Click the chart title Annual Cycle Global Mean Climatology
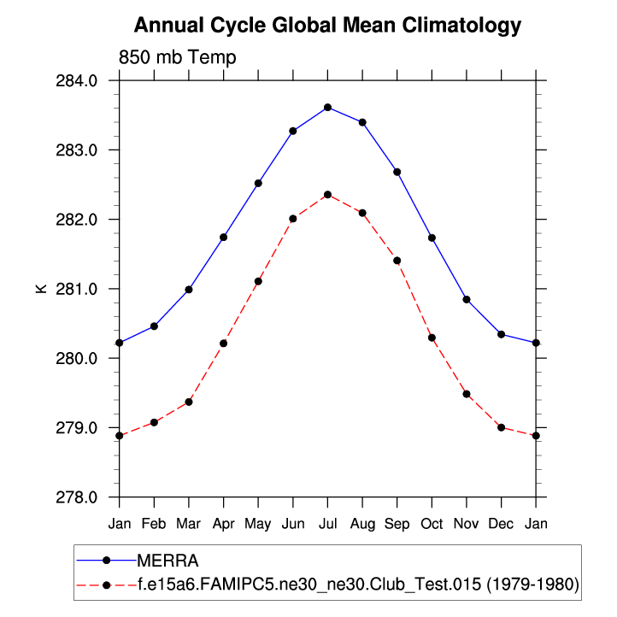[327, 26]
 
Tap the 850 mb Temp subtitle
[177, 57]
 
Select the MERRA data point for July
[327, 107]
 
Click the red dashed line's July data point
[327, 195]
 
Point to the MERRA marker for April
[223, 237]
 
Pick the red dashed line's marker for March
[189, 402]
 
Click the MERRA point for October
[432, 238]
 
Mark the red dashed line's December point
[501, 427]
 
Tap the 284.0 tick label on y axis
[89, 81]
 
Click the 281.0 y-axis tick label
[89, 289]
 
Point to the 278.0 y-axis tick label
[89, 497]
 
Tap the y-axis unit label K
[40, 289]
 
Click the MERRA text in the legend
[167, 561]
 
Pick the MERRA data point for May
[258, 183]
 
